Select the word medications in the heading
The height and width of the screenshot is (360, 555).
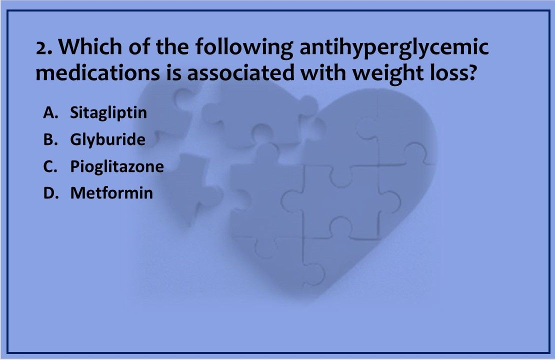tap(97, 73)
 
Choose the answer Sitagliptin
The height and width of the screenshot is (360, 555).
tap(108, 113)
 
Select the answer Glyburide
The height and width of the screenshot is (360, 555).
tap(107, 139)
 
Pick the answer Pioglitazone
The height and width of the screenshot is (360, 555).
tap(116, 166)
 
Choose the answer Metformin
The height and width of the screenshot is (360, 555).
tap(111, 193)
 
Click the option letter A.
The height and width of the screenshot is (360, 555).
tap(48, 113)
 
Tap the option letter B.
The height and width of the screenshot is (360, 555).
tap(48, 139)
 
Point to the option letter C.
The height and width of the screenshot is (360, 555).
tap(48, 166)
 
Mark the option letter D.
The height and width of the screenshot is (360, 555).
tap(48, 193)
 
